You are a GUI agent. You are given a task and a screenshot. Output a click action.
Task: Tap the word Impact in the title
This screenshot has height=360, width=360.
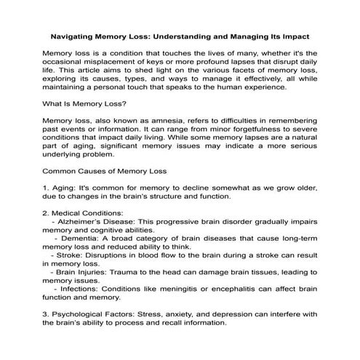pos(292,35)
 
